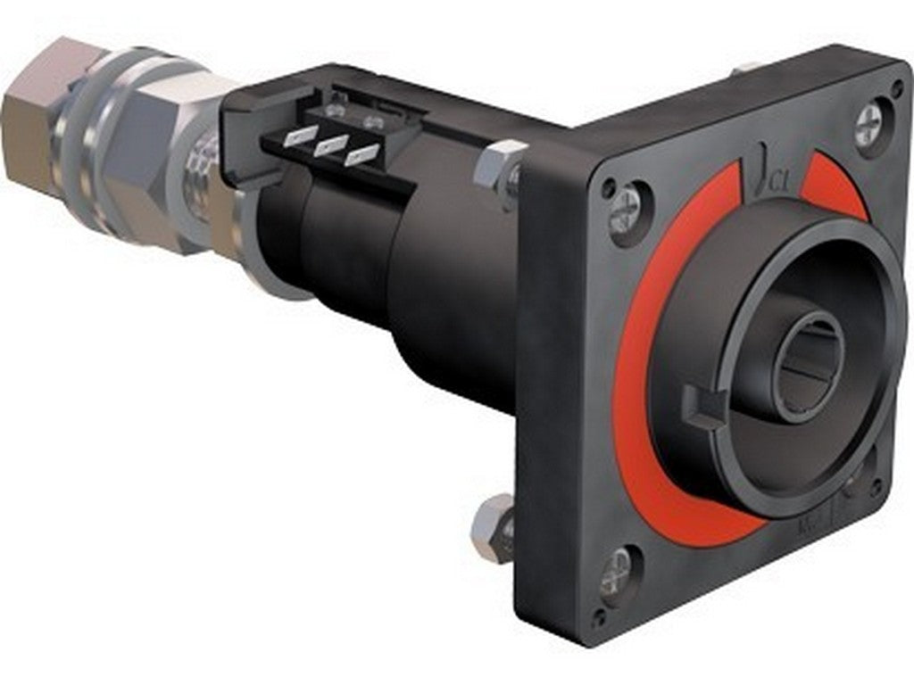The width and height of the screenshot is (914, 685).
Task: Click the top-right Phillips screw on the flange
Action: tap(868, 127)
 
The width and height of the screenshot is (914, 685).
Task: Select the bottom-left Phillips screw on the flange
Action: tap(618, 574)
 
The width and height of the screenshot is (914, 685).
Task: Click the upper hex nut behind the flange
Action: tap(498, 167)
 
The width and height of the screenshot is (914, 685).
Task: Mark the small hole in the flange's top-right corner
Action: tap(896, 89)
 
